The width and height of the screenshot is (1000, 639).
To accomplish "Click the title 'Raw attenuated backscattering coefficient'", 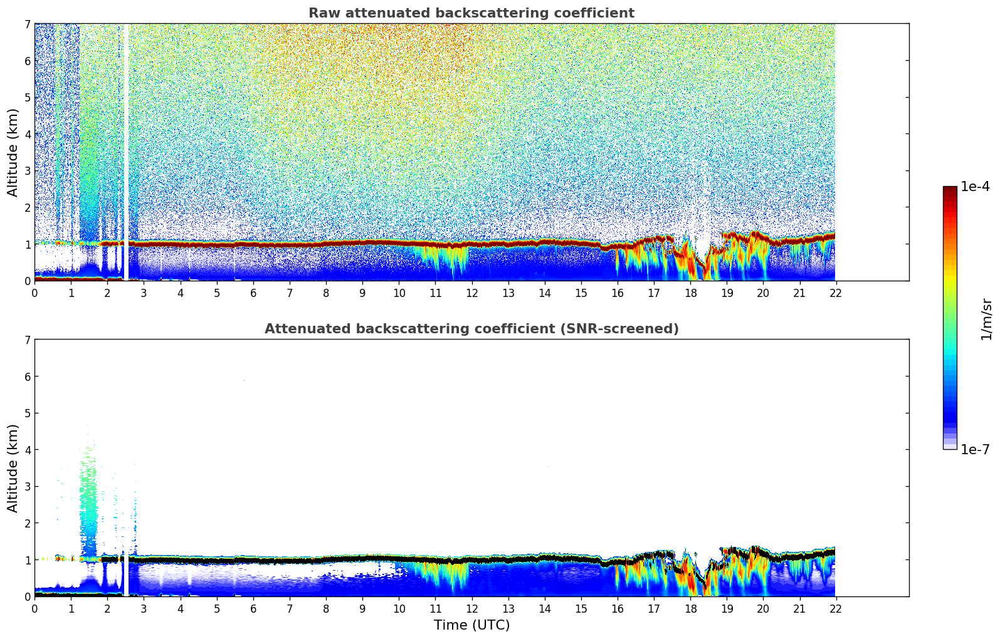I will point(471,13).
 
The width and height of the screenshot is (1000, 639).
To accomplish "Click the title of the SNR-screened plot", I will point(471,329).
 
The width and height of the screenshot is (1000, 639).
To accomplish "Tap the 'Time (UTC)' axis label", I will point(471,625).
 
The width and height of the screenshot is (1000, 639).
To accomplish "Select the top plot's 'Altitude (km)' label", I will point(13,152).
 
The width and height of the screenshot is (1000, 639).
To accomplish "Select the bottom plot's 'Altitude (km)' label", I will point(13,468).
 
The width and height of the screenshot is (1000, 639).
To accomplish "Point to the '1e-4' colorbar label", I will point(975,187).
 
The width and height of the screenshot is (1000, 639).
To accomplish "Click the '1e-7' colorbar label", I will point(975,449).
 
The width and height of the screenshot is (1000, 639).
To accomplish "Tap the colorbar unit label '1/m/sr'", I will point(986,318).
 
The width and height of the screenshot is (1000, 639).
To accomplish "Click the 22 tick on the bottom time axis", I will point(836,609).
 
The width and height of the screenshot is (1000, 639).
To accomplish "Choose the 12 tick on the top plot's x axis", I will point(471,293).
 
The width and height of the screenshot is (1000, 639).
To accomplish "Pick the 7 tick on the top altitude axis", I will point(28,24).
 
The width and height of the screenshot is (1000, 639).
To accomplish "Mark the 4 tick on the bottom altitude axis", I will point(28,450).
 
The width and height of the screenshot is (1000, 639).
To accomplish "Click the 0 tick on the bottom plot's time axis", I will point(34,609).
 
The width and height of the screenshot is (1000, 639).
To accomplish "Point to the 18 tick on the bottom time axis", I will point(690,609).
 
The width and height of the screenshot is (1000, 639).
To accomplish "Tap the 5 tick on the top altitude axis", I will point(28,98).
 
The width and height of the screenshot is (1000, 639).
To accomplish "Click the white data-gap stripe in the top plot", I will point(126,150).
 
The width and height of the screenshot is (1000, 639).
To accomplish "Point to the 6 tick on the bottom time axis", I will point(253,609).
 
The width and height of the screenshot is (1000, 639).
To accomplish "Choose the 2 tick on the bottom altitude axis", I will point(28,523).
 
